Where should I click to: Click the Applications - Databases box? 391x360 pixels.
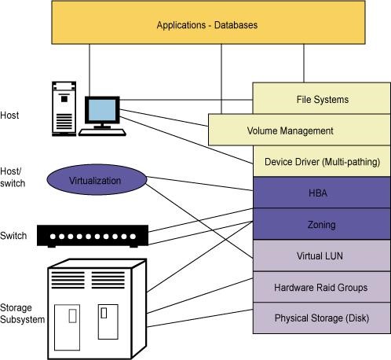[x=208, y=23]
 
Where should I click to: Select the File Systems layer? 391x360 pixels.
[x=321, y=98]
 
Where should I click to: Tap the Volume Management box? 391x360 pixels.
[x=299, y=130]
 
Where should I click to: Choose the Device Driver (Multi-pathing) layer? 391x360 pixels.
[x=322, y=161]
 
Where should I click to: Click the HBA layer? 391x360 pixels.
[x=322, y=193]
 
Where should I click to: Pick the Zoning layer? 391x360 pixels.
[x=322, y=224]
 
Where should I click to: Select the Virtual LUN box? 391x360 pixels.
[x=322, y=255]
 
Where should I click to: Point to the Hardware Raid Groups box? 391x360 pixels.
[x=322, y=287]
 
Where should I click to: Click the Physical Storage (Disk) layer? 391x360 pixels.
[x=322, y=318]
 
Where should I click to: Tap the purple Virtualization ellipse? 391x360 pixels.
[x=97, y=180]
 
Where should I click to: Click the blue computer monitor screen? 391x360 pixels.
[x=102, y=110]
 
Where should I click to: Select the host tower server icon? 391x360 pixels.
[x=64, y=108]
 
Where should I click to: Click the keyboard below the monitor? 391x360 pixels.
[x=102, y=132]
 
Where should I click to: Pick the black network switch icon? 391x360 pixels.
[x=93, y=236]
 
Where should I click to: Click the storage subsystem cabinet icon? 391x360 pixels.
[x=97, y=309]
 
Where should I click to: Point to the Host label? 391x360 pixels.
[x=9, y=116]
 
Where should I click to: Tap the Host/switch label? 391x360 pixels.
[x=13, y=178]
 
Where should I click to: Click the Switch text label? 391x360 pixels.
[x=13, y=236]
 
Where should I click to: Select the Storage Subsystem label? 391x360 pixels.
[x=22, y=314]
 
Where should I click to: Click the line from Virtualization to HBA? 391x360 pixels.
[x=200, y=184]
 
